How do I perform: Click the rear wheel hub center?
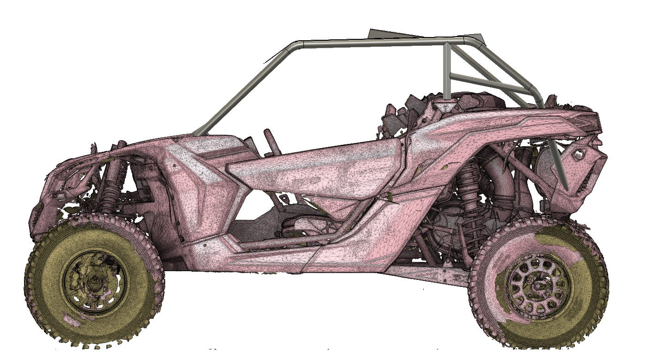[x=538, y=286]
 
